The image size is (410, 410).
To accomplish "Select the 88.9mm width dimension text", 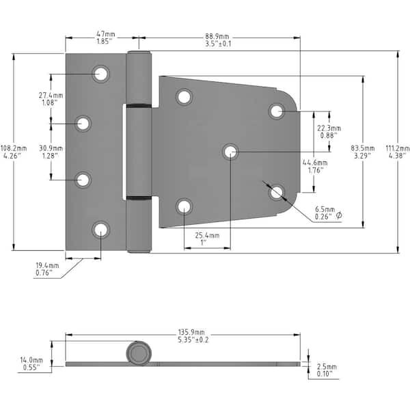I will pos(217,37).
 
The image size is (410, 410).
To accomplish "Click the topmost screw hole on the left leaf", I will pos(101,73).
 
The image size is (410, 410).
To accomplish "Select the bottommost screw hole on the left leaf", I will pos(101,230).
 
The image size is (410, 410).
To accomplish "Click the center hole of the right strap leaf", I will pos(230,151).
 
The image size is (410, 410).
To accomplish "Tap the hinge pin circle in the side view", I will pos(137,354).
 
